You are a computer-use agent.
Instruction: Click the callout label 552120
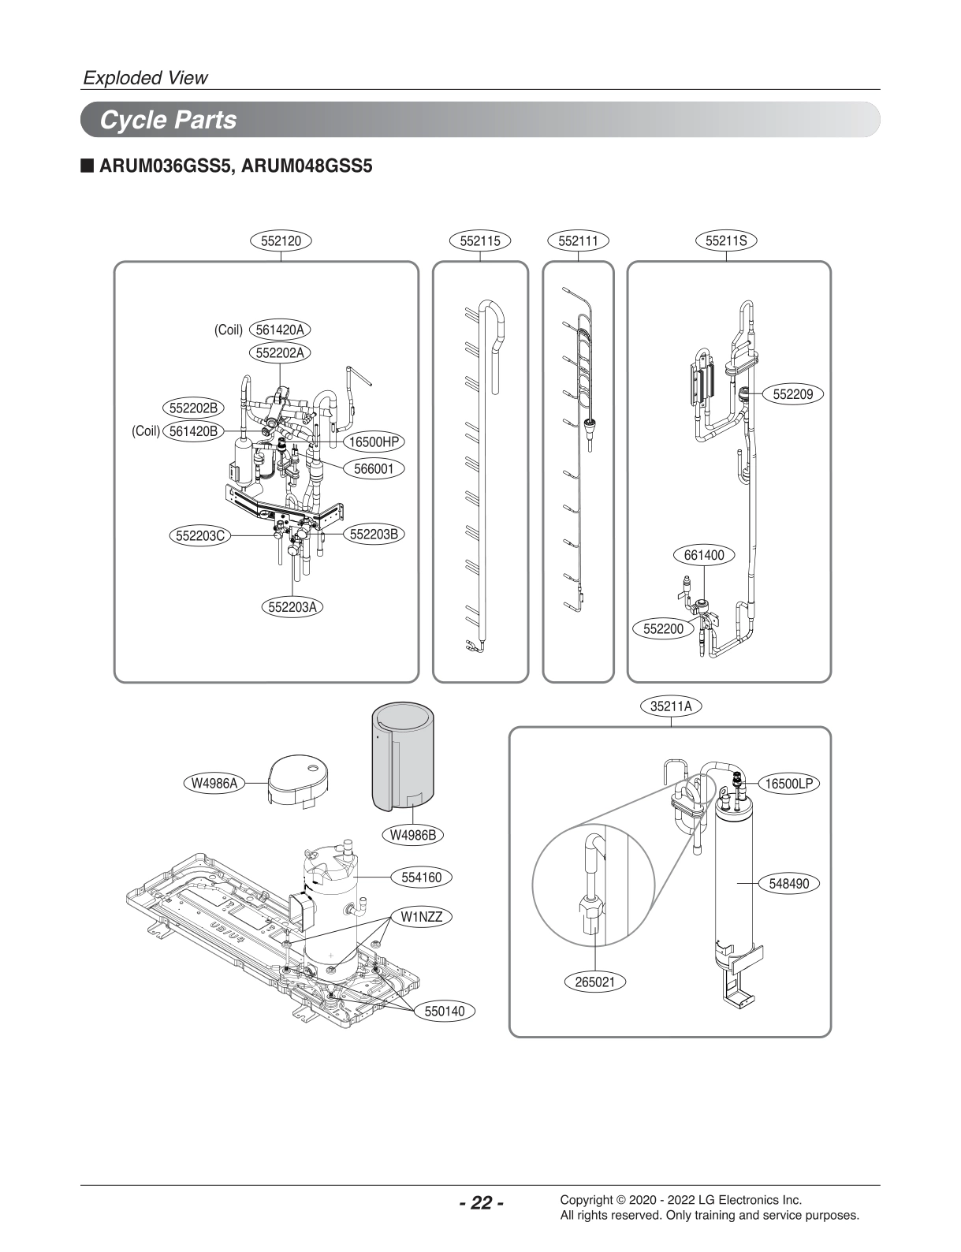pos(281,240)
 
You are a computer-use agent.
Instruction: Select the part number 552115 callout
pos(480,240)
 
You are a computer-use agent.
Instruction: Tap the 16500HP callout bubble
pos(374,442)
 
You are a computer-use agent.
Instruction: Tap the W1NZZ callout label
pos(422,917)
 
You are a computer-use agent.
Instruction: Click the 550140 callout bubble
pos(445,1011)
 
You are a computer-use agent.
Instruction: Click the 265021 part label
pos(595,982)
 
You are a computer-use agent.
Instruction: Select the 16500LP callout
pos(789,784)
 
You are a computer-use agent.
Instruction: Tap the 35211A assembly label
pos(671,706)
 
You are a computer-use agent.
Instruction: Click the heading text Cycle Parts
pos(168,121)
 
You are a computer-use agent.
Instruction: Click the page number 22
pos(480,1202)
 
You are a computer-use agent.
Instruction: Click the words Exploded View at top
pos(146,77)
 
